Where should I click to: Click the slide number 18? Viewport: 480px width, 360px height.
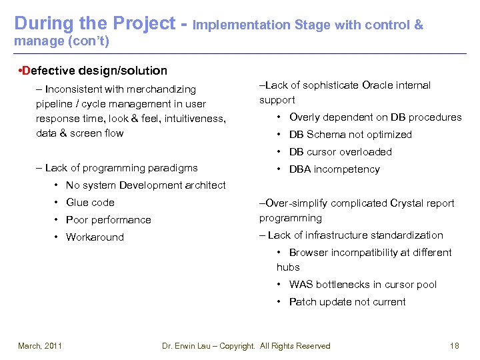click(x=455, y=345)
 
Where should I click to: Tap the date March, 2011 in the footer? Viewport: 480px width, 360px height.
click(x=40, y=345)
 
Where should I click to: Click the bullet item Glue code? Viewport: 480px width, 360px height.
click(x=90, y=203)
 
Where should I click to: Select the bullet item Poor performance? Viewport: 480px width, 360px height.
click(x=108, y=220)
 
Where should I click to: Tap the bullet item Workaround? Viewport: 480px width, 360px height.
click(x=95, y=237)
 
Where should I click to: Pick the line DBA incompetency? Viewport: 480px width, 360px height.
click(x=334, y=169)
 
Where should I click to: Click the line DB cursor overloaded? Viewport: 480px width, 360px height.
click(x=340, y=152)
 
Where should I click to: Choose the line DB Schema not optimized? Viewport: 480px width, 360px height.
click(x=350, y=135)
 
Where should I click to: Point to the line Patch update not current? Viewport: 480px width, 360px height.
click(x=347, y=302)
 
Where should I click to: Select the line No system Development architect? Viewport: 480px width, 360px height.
click(x=145, y=185)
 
